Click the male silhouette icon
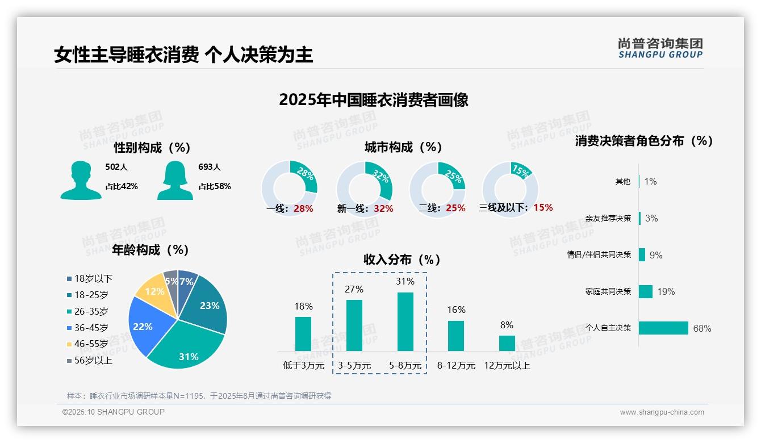point(81,180)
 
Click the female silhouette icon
point(175,180)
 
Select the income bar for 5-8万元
point(405,321)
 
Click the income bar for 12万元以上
point(507,343)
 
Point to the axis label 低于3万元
point(303,366)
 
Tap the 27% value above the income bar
point(354,289)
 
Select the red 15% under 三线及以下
point(543,207)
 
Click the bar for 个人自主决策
point(663,328)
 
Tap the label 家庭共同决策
point(608,291)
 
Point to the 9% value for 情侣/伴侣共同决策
point(655,255)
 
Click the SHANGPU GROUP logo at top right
point(660,48)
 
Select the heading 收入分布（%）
point(402,260)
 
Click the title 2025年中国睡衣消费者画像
point(373,100)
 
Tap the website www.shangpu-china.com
point(662,412)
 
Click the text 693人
point(209,167)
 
